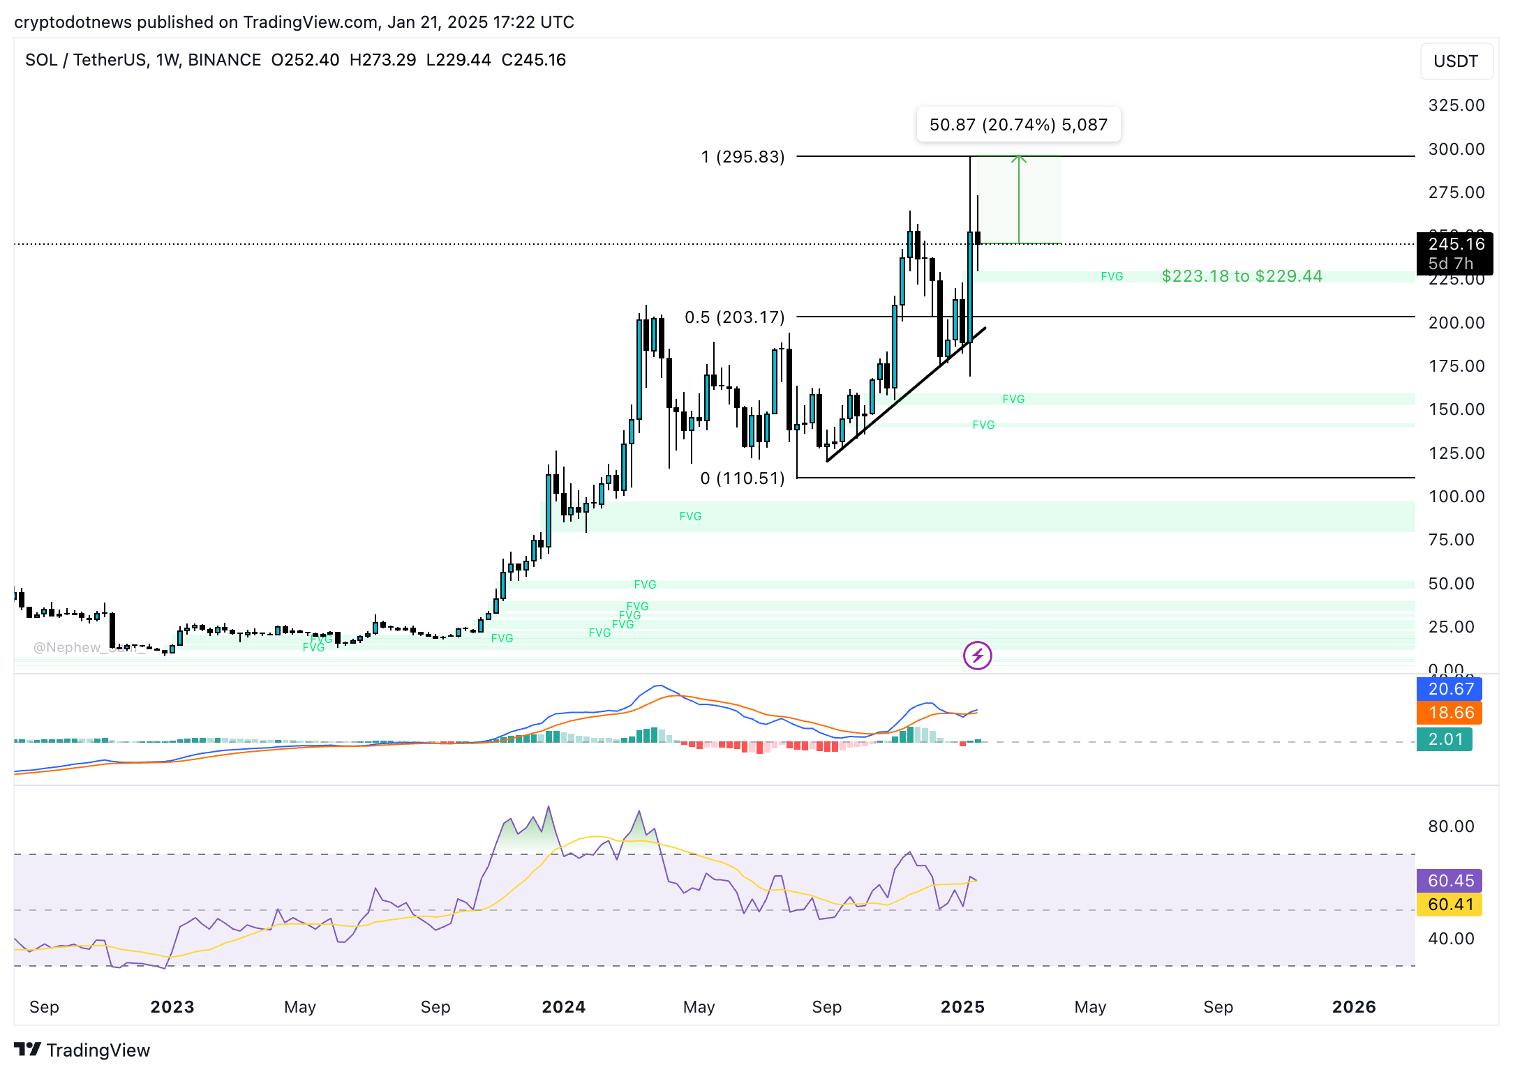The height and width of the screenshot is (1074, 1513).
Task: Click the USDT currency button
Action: pos(1456,61)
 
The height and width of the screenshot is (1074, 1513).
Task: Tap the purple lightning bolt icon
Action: pos(977,656)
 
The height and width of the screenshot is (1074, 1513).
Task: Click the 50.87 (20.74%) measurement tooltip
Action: pos(1018,125)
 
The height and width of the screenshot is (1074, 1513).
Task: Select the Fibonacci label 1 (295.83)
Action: pos(743,157)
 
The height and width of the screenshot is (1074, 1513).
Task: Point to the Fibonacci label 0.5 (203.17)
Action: pos(734,317)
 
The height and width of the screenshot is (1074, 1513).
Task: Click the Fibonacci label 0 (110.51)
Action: pos(743,478)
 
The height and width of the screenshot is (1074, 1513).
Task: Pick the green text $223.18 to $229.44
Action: pos(1242,276)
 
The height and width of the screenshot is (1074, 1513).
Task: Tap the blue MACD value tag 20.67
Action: pos(1450,689)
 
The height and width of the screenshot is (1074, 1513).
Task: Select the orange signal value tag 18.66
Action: pos(1450,713)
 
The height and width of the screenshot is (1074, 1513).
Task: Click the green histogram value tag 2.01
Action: pos(1445,739)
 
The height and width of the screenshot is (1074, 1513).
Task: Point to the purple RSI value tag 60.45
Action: pos(1450,881)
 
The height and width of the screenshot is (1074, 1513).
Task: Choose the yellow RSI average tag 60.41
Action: pos(1450,905)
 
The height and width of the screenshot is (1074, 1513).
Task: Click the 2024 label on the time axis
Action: pos(563,1007)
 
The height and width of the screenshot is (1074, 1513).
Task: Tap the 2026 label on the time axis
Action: pos(1353,1007)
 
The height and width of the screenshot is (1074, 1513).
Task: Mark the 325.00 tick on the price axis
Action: pos(1456,105)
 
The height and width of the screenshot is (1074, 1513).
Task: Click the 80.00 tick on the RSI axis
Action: pos(1451,826)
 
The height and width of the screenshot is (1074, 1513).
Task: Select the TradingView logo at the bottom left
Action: pos(82,1050)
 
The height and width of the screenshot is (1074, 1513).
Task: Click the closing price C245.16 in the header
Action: pos(533,60)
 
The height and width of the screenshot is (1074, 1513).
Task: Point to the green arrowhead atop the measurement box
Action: pos(1018,159)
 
